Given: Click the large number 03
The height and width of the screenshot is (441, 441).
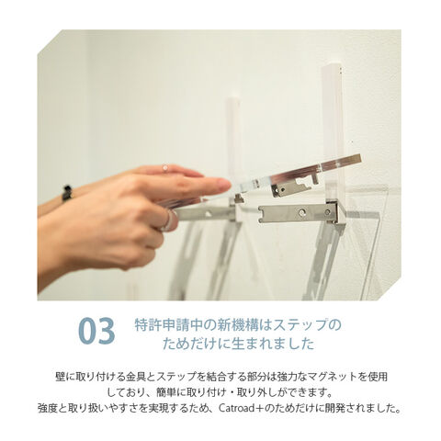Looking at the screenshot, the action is tap(96, 332).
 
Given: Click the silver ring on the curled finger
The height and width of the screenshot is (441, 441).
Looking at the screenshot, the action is tap(169, 220).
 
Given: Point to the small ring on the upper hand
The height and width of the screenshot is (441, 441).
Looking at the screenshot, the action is tap(165, 168).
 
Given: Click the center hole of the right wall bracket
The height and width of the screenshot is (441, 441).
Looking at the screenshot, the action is tap(302, 211).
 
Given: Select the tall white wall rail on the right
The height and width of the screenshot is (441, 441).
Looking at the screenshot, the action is tap(334, 135).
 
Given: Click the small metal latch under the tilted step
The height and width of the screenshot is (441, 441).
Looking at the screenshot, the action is tap(295, 187).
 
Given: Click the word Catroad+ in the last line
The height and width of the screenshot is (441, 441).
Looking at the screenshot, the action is tap(238, 408).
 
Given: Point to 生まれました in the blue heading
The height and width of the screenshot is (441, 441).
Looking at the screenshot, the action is tap(273, 344).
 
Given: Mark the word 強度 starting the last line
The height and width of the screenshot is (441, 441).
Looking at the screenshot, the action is tap(48, 408).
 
